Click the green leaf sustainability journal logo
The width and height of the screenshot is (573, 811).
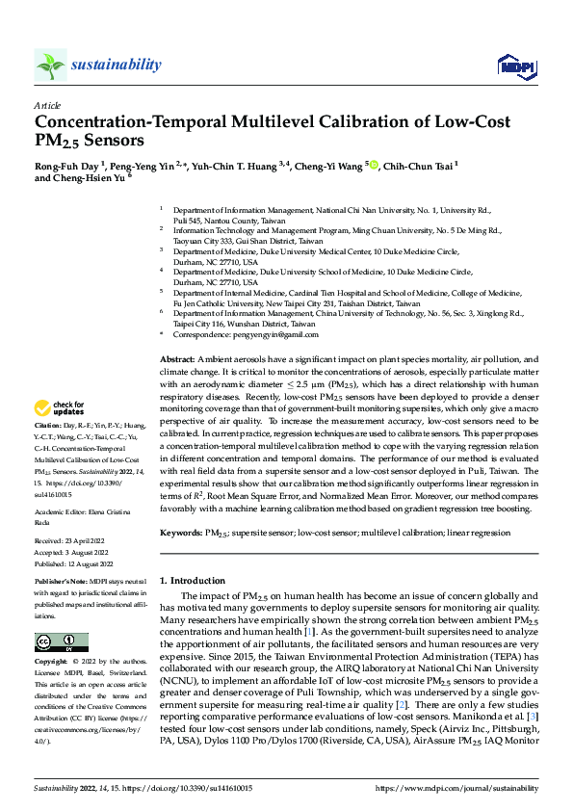pos(51,65)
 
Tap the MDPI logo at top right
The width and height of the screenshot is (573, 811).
pos(510,65)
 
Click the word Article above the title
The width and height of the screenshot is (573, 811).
pos(47,105)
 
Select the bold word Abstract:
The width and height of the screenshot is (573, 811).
pos(178,358)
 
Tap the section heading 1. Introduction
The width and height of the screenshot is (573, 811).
pos(192,581)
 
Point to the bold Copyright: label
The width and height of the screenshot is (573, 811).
pos(53,663)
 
